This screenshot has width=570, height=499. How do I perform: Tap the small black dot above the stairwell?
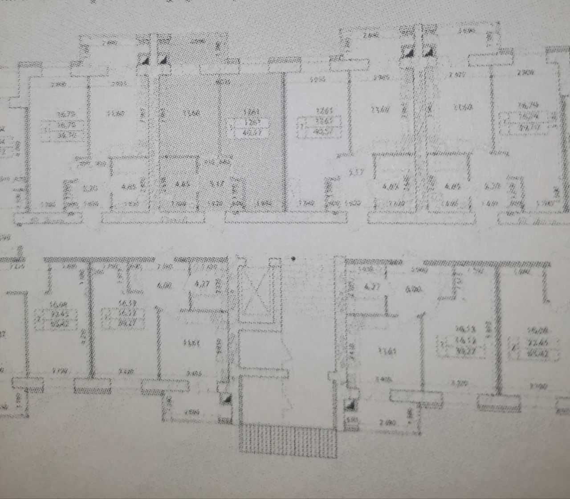tap(293, 258)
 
